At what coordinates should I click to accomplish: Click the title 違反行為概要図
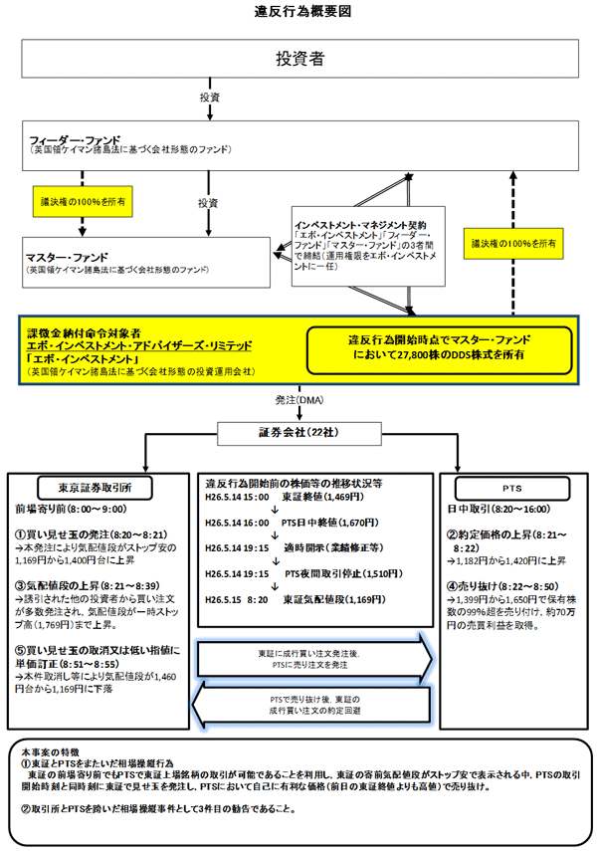click(x=298, y=11)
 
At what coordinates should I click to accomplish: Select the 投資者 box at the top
click(x=298, y=59)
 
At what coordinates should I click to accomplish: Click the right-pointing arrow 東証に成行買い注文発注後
click(x=316, y=658)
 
